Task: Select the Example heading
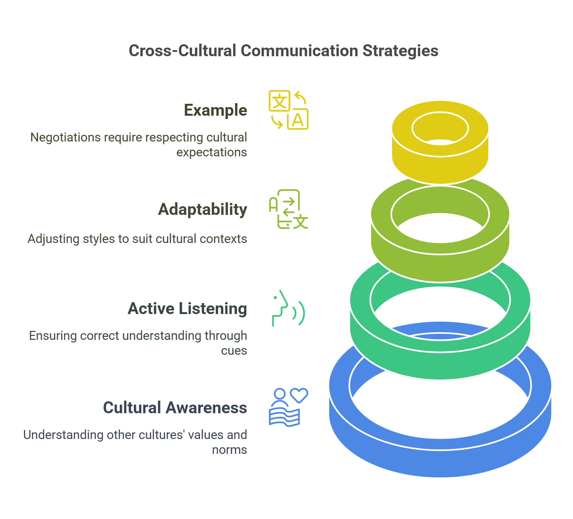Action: pyautogui.click(x=215, y=110)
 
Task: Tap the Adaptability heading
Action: pyautogui.click(x=202, y=209)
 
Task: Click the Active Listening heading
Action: pyautogui.click(x=187, y=308)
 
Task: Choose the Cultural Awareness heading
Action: pyautogui.click(x=175, y=408)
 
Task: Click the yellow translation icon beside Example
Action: pyautogui.click(x=288, y=110)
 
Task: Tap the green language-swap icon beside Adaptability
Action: pyautogui.click(x=288, y=209)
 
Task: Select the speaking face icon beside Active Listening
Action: pyautogui.click(x=287, y=308)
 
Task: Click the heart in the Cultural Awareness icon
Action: pyautogui.click(x=299, y=395)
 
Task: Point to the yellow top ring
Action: pyautogui.click(x=440, y=165)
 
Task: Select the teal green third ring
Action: pyautogui.click(x=440, y=364)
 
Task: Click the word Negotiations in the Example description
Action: pyautogui.click(x=65, y=138)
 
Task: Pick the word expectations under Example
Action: pyautogui.click(x=211, y=152)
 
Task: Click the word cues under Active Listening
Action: pyautogui.click(x=234, y=350)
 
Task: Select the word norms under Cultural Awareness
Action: pyautogui.click(x=229, y=450)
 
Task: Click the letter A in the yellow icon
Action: pyautogui.click(x=298, y=120)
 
